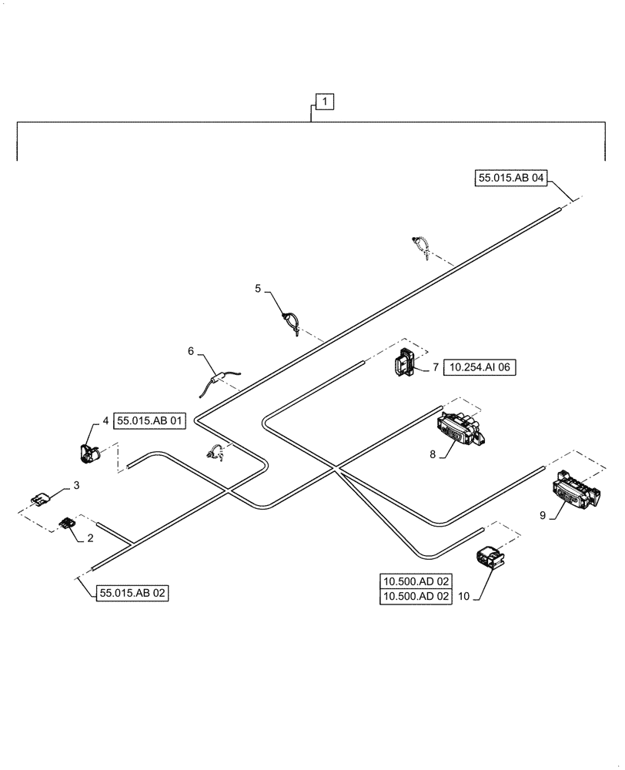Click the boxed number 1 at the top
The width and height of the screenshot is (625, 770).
(x=325, y=101)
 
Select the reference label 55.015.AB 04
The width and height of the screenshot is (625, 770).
(x=511, y=178)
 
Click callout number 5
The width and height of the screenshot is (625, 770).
(x=259, y=289)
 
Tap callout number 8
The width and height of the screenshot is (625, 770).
(x=433, y=454)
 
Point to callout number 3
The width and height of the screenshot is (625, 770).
(x=76, y=485)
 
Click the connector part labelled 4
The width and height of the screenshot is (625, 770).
(x=91, y=451)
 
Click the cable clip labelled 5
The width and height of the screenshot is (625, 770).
(x=289, y=320)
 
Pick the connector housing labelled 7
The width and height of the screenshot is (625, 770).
(x=404, y=364)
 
